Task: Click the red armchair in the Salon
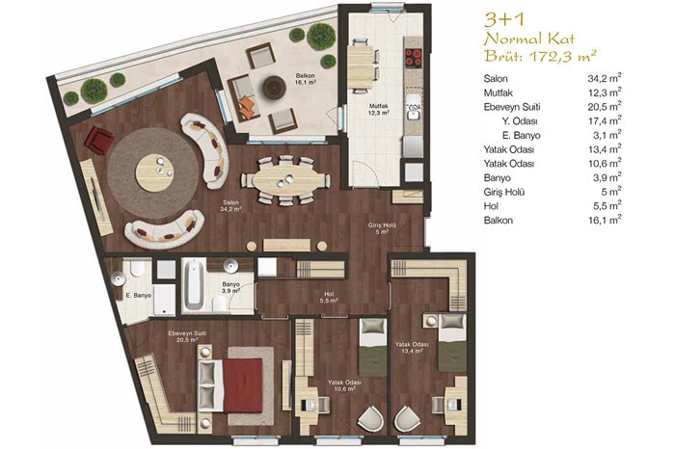(x=100, y=140)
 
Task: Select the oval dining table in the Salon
(x=285, y=180)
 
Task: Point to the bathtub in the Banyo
(x=194, y=285)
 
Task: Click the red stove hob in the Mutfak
(x=414, y=58)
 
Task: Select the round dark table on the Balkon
(x=274, y=88)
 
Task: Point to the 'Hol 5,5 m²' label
(x=329, y=298)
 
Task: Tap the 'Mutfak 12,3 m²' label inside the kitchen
(x=379, y=109)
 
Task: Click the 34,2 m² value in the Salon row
(x=605, y=78)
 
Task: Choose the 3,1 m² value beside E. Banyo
(x=607, y=135)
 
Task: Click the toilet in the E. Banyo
(x=137, y=268)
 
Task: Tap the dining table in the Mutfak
(x=361, y=66)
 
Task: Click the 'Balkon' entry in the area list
(x=499, y=221)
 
